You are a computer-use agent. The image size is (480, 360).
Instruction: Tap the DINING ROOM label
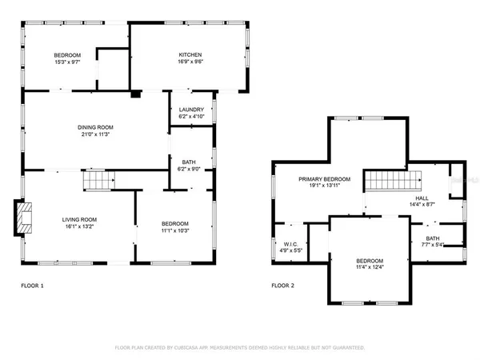95,127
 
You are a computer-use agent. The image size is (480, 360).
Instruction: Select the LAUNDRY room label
191,110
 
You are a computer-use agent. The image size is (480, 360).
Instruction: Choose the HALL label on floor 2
421,197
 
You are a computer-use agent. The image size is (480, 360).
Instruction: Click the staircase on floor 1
97,182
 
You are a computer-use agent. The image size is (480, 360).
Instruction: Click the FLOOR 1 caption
32,285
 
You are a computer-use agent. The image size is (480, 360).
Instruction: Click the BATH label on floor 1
189,162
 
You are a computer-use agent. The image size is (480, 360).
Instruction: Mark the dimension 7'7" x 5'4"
432,246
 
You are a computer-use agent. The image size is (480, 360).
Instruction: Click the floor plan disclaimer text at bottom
240,348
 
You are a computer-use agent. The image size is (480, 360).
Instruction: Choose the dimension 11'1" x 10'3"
174,230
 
